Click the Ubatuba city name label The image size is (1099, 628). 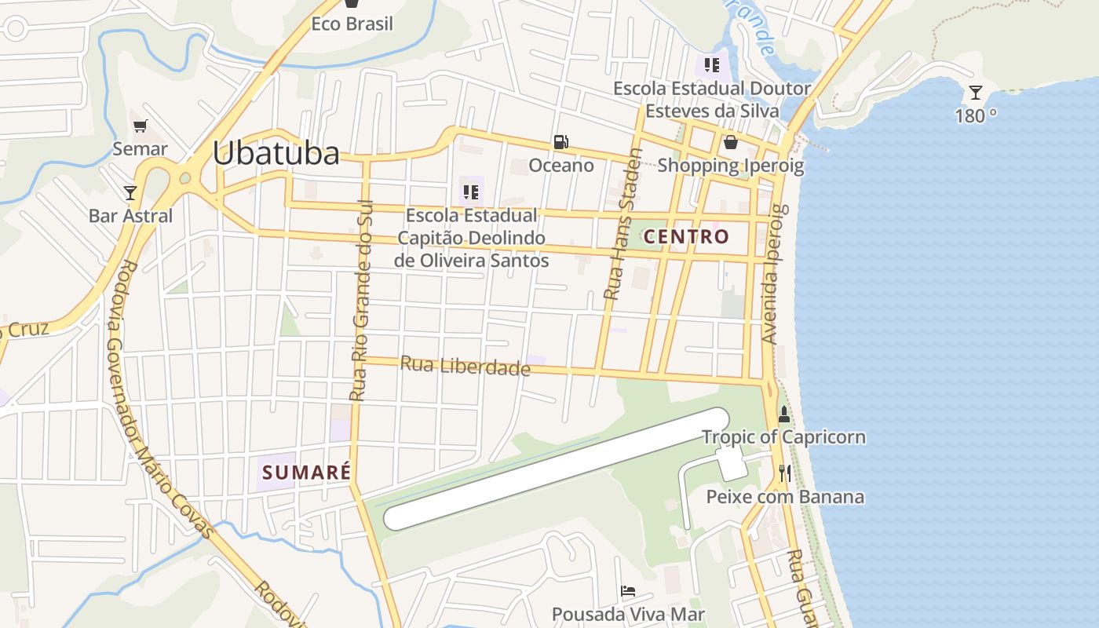(x=276, y=153)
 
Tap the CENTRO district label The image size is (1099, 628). (x=686, y=236)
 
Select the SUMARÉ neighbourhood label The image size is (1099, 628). (x=306, y=473)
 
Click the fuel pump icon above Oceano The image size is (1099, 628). (x=560, y=142)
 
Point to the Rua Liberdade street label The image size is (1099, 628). (x=466, y=366)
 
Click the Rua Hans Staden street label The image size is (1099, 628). (x=624, y=225)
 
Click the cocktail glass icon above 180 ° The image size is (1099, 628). (x=975, y=93)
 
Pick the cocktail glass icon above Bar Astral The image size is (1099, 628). (x=130, y=192)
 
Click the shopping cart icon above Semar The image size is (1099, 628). (x=141, y=126)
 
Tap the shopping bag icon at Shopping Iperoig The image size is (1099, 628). (x=731, y=142)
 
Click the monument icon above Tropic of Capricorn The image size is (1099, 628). (x=783, y=414)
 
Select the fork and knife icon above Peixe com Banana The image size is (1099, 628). (x=784, y=473)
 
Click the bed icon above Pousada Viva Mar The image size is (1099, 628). (x=628, y=591)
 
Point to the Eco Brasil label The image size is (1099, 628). (x=352, y=24)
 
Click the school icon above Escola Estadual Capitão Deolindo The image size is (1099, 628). (x=471, y=192)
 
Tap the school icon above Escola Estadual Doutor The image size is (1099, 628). (x=711, y=64)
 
